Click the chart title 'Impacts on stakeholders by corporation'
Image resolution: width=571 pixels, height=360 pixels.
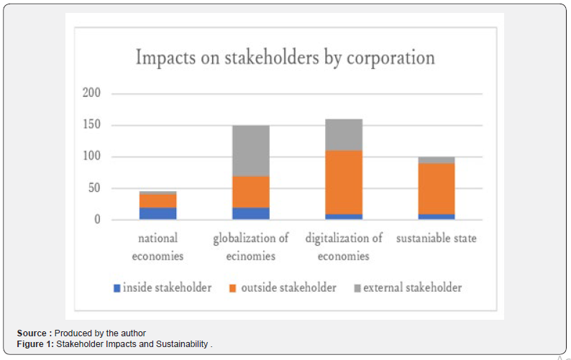pos(285,57)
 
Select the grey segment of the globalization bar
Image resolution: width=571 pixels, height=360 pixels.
pos(251,150)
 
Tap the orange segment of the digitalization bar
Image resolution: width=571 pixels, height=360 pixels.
pos(344,182)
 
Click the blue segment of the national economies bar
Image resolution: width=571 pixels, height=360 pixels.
pos(158,213)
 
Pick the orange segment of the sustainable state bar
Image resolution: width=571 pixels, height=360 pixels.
pos(437,188)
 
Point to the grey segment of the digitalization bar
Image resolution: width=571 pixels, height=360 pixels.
pos(344,134)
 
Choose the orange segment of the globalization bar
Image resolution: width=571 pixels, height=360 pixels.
pos(251,191)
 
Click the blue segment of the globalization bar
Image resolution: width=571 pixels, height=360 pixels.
pos(251,213)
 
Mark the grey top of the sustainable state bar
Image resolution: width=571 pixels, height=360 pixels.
pos(437,160)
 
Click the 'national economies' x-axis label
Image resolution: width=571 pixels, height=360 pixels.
pos(158,246)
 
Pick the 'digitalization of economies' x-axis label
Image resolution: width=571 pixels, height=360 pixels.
pos(344,246)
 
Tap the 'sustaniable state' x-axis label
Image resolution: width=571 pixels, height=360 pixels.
pos(437,238)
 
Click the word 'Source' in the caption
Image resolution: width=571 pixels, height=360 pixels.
pos(32,333)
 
